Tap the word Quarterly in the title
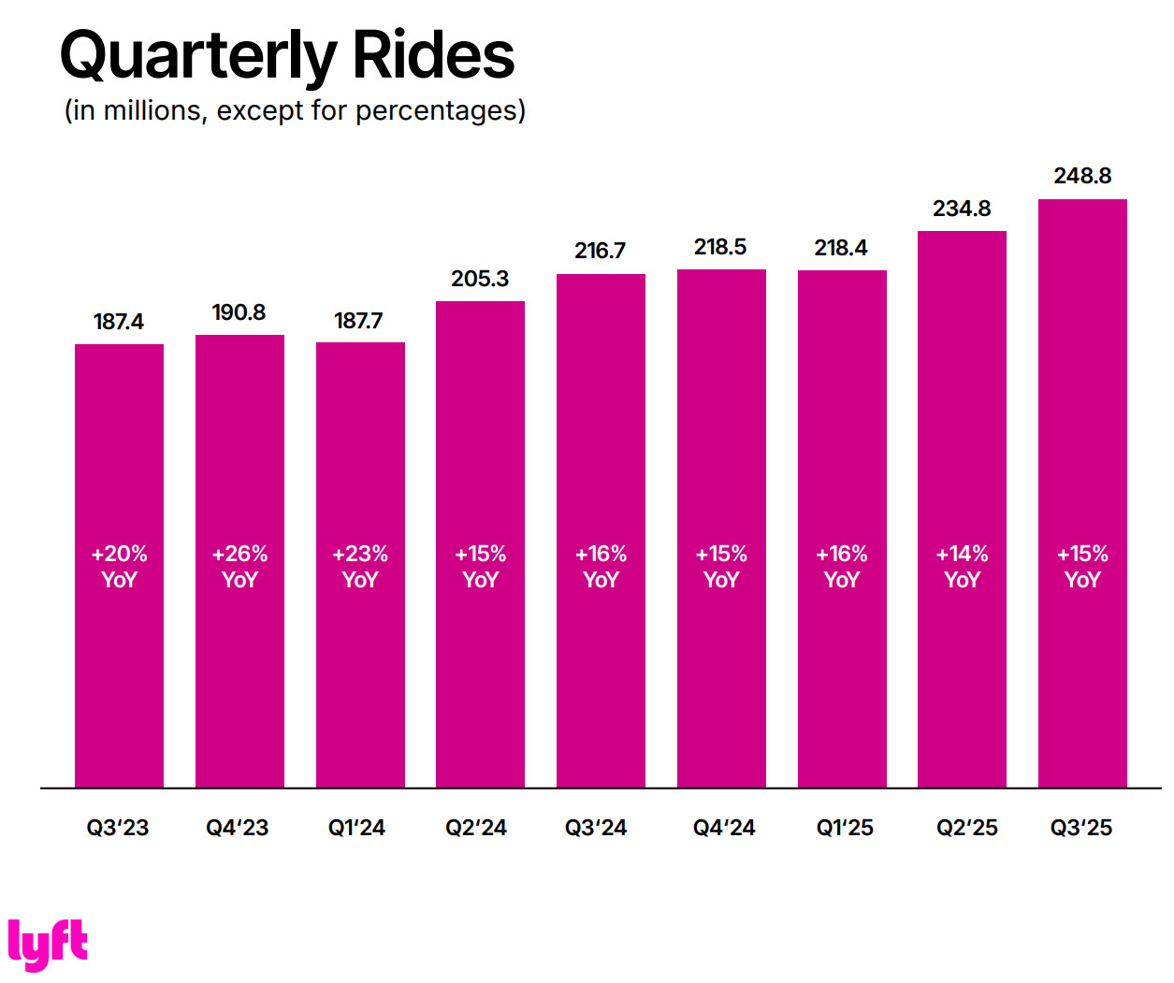[x=197, y=56]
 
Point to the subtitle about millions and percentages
[x=295, y=110]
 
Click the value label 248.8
[x=1082, y=176]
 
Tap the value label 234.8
[x=962, y=209]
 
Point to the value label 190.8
[x=239, y=312]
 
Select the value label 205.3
[x=480, y=279]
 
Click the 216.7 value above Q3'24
[x=600, y=251]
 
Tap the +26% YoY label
[x=239, y=567]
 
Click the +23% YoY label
[x=360, y=567]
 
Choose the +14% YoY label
[x=962, y=567]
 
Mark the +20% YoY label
[x=119, y=567]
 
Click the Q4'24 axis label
[x=724, y=828]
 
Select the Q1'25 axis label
[x=845, y=828]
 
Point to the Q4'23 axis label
[x=238, y=828]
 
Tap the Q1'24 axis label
[x=356, y=828]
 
